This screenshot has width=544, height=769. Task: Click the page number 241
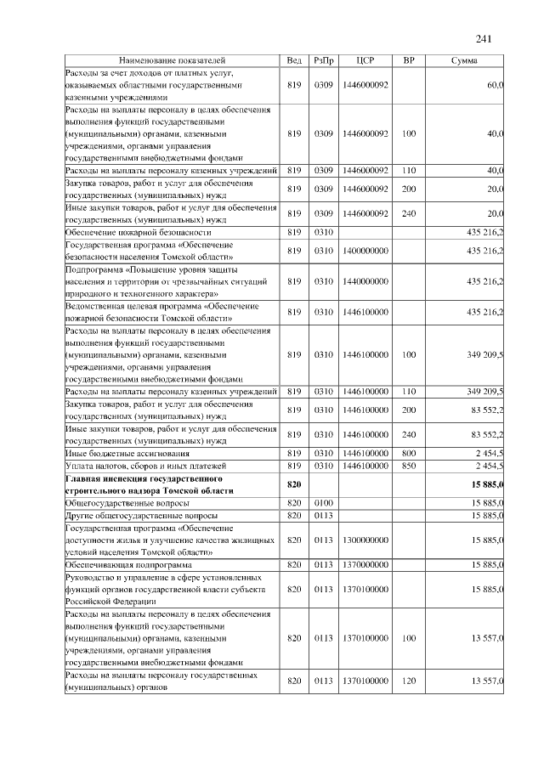click(x=484, y=39)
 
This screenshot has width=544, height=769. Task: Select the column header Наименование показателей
click(x=173, y=61)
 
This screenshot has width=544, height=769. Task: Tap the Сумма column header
click(x=463, y=61)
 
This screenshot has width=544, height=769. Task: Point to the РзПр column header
click(x=323, y=61)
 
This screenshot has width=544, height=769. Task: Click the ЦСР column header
click(x=365, y=61)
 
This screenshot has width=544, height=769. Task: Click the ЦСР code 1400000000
click(x=365, y=251)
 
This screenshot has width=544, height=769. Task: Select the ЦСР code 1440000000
click(x=365, y=280)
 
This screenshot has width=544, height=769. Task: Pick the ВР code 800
click(x=409, y=454)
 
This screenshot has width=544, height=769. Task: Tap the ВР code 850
click(x=409, y=466)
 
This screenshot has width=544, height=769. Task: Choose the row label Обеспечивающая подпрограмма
click(x=128, y=564)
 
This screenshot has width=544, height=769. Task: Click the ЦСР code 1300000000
click(x=365, y=540)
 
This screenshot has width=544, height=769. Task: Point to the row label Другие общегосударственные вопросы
click(x=141, y=516)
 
